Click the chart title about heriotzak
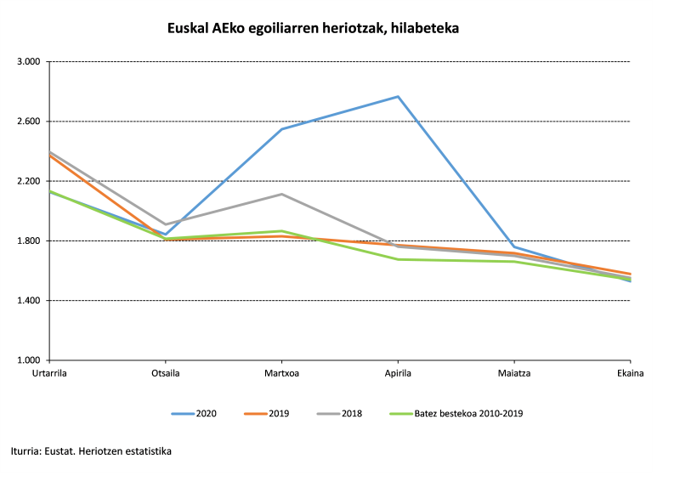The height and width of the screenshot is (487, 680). pos(314,28)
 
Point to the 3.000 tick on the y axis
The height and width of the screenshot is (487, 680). pos(29,62)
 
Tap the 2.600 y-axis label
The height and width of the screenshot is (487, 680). pos(29,122)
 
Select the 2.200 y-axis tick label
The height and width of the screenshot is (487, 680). pos(29,181)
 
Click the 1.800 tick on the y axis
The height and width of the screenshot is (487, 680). pos(29,241)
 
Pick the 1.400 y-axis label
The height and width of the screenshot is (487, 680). pos(29,301)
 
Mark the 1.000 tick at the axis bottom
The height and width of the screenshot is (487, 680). pos(29,360)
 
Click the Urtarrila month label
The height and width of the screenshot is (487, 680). pos(49,373)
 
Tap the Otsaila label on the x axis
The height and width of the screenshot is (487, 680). pos(165,373)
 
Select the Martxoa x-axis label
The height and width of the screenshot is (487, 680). pos(281,373)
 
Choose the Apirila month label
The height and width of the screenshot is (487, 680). pos(398,373)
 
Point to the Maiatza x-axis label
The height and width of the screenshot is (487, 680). pos(513,373)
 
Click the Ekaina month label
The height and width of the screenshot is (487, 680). pos(630,373)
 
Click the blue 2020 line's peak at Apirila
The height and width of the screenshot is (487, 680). pos(398,97)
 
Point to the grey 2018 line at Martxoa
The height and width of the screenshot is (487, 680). pos(281,195)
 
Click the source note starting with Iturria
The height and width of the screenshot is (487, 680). pos(91,451)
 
